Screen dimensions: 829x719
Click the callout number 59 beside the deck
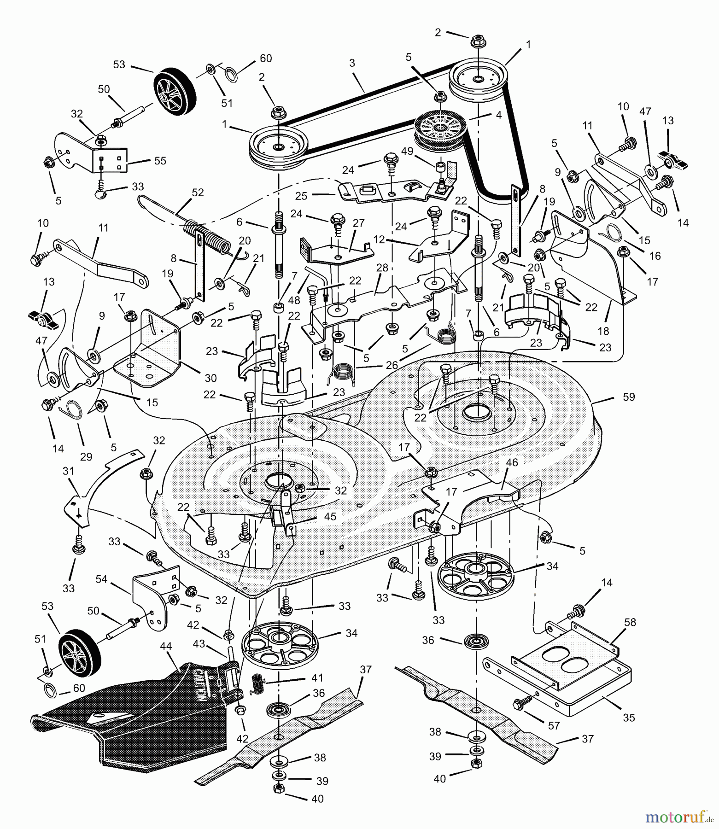pyautogui.click(x=628, y=397)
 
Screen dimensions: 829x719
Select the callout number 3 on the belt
pyautogui.click(x=352, y=63)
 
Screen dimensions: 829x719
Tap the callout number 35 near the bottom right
pyautogui.click(x=628, y=718)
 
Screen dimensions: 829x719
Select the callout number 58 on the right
pyautogui.click(x=630, y=622)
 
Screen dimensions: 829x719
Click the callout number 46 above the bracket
pyautogui.click(x=512, y=462)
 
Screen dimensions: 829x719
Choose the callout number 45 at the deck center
pyautogui.click(x=330, y=516)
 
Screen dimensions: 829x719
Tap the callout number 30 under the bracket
pyautogui.click(x=210, y=378)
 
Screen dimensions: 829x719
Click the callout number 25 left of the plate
pyautogui.click(x=301, y=196)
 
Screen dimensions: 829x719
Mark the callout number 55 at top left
pyautogui.click(x=160, y=161)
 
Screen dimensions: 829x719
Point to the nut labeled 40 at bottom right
pyautogui.click(x=475, y=763)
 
